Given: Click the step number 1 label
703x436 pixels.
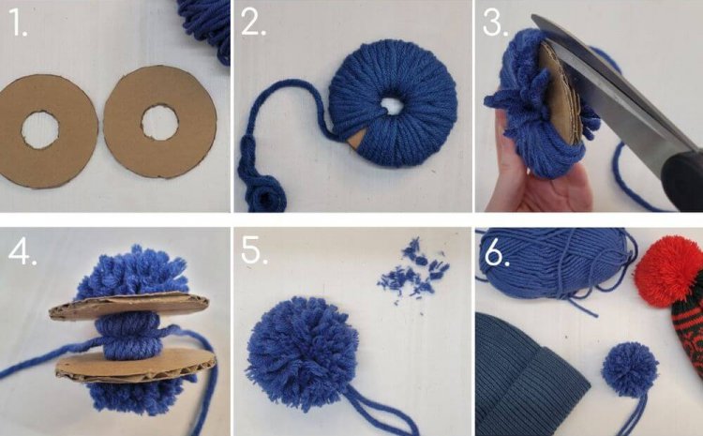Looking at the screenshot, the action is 18,23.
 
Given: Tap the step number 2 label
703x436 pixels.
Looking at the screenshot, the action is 253,22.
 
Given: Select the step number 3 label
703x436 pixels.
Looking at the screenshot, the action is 495,23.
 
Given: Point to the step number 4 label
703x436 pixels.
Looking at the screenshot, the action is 22,252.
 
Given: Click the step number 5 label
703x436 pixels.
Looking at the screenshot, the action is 254,250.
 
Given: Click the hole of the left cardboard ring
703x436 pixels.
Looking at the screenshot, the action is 39,130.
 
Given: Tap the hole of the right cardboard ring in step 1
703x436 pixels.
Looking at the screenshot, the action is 160,123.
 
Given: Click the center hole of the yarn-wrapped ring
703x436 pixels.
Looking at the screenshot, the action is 392,107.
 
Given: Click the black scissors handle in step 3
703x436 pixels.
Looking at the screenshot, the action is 682,178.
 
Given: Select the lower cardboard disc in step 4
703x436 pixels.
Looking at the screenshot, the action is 136,364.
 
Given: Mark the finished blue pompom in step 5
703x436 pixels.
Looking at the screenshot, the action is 302,353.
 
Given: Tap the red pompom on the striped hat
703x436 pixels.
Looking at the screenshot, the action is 668,271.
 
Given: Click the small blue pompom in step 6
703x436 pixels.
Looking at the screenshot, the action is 630,369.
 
